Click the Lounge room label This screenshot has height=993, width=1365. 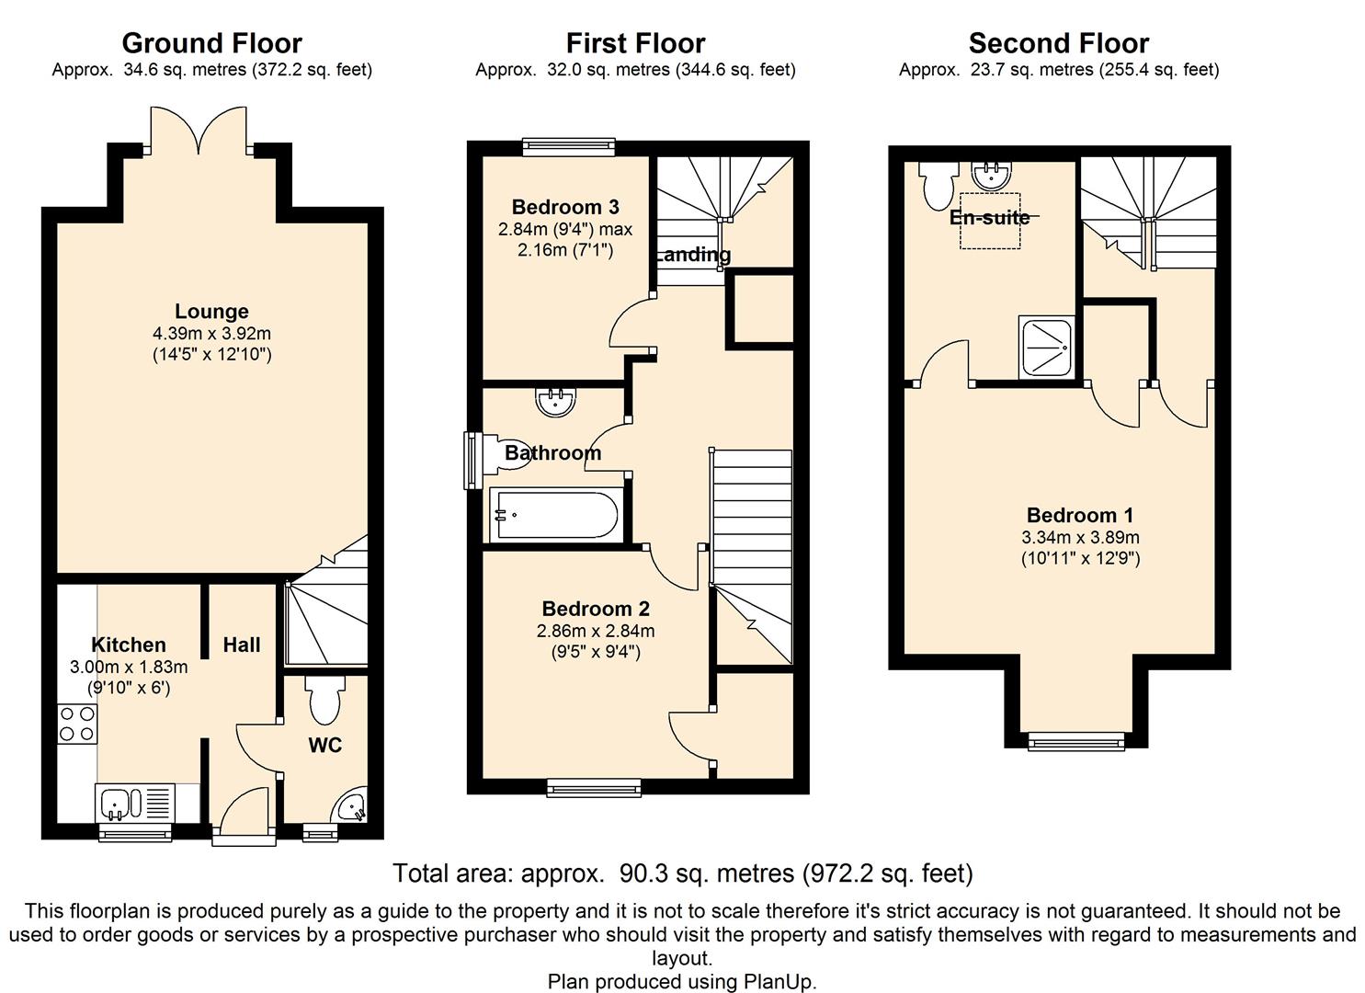click(211, 312)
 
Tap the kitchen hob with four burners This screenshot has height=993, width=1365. click(76, 723)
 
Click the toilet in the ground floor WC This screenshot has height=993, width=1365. click(324, 701)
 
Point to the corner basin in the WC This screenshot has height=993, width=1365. click(352, 808)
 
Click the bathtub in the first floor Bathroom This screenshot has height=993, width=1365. click(554, 514)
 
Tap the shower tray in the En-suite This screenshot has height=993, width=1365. click(1046, 347)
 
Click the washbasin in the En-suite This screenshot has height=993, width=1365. click(991, 174)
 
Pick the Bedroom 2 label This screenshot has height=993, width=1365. click(596, 609)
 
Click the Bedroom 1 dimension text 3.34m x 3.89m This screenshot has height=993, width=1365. click(1080, 538)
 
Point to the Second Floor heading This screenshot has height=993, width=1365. click(1058, 43)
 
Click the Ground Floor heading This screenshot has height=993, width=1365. click(211, 43)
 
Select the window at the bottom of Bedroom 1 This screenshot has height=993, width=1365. click(1075, 740)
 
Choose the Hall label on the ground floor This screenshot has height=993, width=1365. click(242, 645)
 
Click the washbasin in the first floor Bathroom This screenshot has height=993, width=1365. click(555, 402)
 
